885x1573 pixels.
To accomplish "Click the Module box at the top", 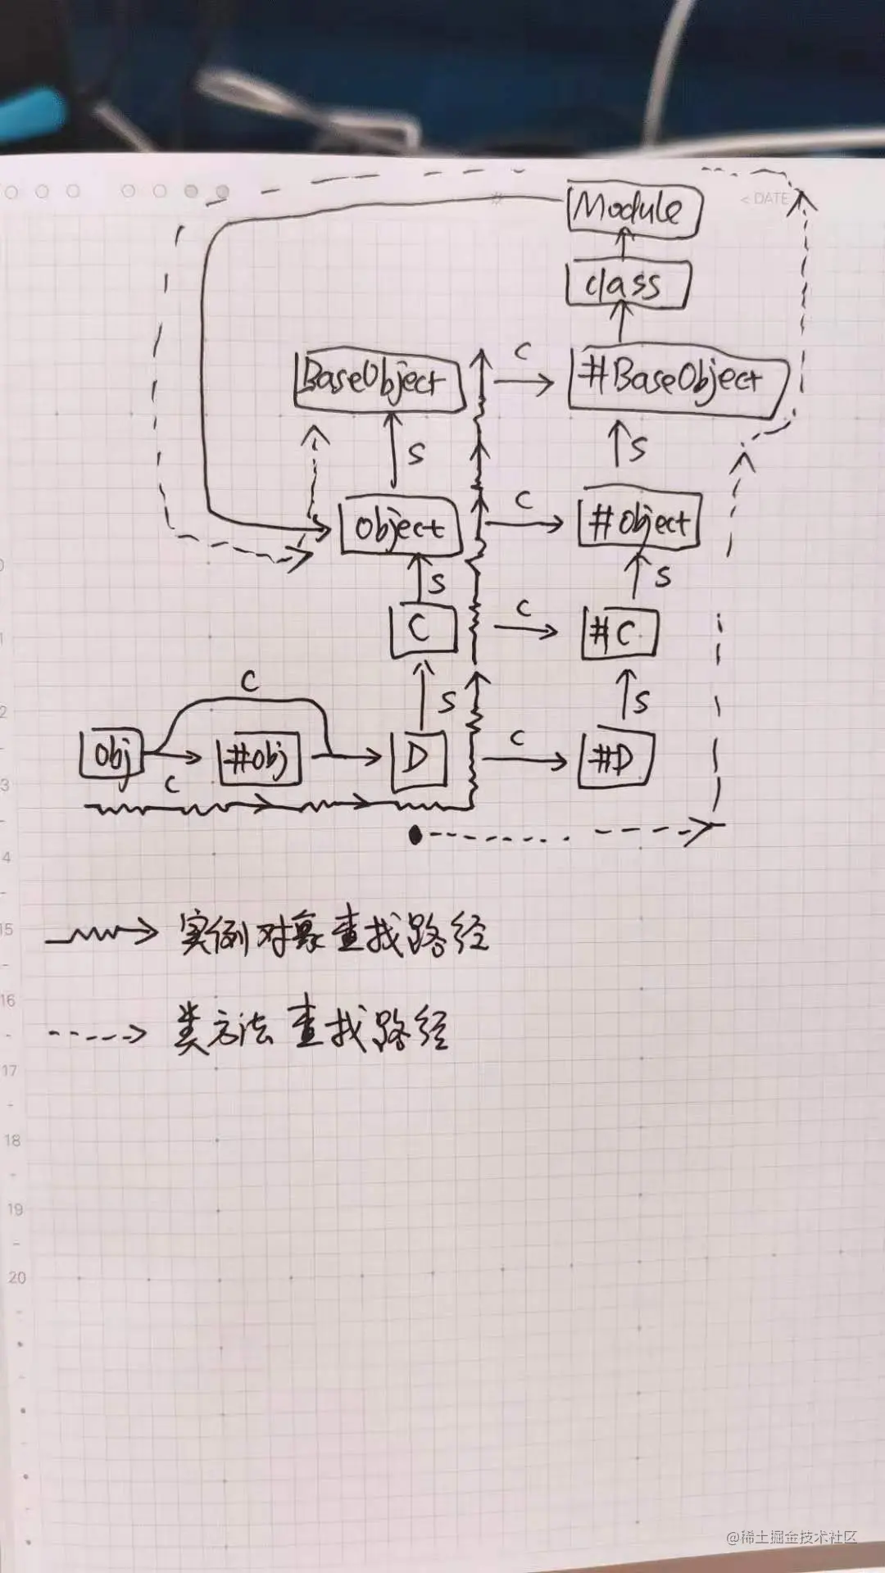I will point(633,210).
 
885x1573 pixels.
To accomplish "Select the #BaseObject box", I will point(676,379).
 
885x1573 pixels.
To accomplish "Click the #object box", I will point(639,522).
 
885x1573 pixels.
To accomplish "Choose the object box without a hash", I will point(400,527).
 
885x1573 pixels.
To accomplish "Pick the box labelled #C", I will point(619,632).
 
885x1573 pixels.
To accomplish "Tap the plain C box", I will point(423,629).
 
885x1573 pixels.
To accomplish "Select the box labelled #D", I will point(615,761).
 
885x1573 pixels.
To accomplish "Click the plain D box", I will point(419,759).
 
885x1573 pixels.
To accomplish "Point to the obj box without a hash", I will point(111,755).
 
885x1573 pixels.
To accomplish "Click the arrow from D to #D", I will point(524,760).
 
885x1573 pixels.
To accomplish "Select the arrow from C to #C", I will point(525,629).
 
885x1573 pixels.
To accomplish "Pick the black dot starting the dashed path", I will point(415,835).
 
